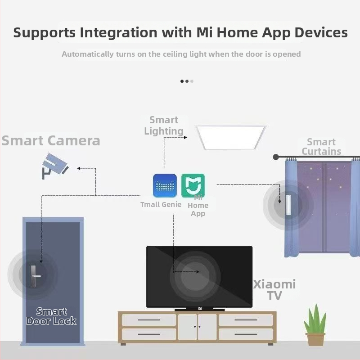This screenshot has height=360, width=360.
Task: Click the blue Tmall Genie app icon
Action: [x=165, y=185]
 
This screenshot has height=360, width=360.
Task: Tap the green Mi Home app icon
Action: [x=193, y=185]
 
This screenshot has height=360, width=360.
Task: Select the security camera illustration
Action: [x=55, y=166]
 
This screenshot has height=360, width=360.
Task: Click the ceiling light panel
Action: [x=231, y=137]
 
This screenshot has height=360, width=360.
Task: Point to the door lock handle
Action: [x=35, y=276]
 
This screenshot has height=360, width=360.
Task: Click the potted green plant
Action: [x=315, y=324]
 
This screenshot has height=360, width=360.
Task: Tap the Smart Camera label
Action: [x=51, y=140]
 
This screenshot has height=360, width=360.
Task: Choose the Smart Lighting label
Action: [x=164, y=126]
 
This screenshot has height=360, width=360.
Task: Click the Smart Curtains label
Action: [x=321, y=147]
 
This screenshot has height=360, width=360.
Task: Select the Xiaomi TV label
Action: [x=274, y=290]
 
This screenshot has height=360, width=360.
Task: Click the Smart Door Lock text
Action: [x=51, y=316]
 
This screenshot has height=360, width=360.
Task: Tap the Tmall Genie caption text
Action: [x=161, y=204]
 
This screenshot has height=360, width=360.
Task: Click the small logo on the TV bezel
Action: [x=200, y=309]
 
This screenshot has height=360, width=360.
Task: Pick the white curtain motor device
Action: [x=288, y=205]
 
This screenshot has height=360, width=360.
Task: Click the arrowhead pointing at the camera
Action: [x=78, y=168]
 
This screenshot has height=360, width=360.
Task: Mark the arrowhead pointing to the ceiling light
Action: [x=185, y=138]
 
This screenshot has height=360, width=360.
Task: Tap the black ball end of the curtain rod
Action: [x=276, y=157]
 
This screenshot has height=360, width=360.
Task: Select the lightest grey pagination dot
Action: [x=192, y=81]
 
